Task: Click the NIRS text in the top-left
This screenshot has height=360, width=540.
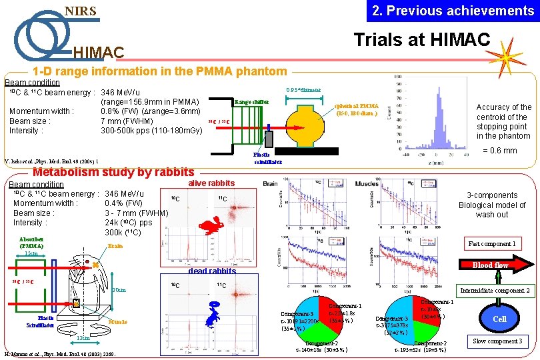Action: (x=80, y=11)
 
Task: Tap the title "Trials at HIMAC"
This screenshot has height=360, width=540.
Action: (x=422, y=39)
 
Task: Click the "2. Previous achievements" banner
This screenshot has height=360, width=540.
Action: (x=453, y=11)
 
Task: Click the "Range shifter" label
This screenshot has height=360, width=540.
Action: (x=251, y=102)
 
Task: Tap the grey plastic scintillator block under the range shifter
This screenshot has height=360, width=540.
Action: (x=269, y=139)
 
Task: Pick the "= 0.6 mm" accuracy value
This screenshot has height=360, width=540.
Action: (x=499, y=151)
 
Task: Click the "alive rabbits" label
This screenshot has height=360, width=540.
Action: (x=212, y=183)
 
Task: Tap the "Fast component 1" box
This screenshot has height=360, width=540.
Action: (x=491, y=243)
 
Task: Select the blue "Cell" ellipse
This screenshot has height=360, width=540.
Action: (x=499, y=319)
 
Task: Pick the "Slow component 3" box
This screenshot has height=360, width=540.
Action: (x=497, y=341)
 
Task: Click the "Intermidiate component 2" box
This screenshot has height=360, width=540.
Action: (x=494, y=291)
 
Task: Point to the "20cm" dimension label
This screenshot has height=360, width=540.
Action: (x=119, y=290)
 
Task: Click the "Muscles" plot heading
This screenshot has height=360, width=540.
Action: (x=367, y=183)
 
